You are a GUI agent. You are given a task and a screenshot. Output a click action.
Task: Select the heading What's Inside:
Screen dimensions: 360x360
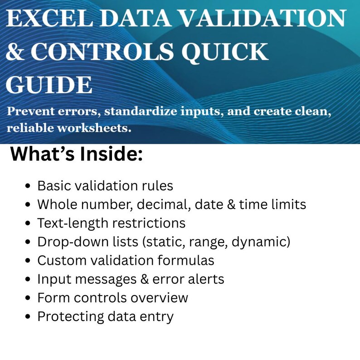[x=77, y=155]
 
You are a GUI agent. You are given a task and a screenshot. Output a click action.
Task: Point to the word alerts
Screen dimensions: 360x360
[x=206, y=279]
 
